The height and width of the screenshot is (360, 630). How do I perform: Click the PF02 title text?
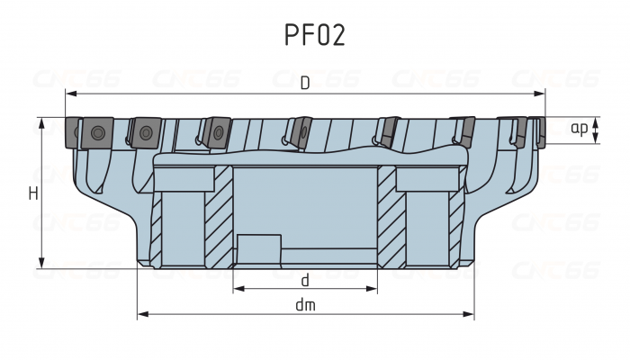tap(314, 34)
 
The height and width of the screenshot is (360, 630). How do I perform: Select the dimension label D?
tap(305, 84)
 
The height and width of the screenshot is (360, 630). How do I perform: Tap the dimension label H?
tap(32, 193)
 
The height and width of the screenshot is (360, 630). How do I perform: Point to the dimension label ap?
tap(580, 129)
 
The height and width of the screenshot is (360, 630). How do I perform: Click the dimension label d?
tap(305, 280)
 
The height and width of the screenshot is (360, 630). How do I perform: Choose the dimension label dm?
tap(305, 305)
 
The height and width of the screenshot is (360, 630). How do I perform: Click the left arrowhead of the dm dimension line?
tap(141, 315)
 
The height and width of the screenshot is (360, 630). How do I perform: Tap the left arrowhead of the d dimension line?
tap(237, 290)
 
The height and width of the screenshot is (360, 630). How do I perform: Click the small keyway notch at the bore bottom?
tap(259, 248)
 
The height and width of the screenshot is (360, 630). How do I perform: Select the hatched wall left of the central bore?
tap(219, 216)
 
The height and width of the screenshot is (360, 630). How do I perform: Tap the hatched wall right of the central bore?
tap(387, 216)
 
